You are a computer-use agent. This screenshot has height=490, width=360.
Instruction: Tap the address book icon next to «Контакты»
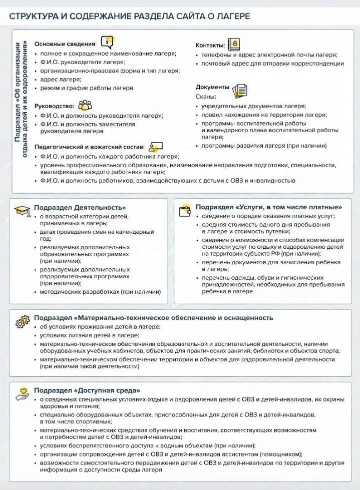pos(233,44)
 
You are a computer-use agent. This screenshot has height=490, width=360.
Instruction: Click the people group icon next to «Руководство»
pos(85,105)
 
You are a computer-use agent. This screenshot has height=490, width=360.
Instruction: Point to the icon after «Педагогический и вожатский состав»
pos(155,147)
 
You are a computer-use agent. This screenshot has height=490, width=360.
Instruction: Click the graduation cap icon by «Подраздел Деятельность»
pos(22,211)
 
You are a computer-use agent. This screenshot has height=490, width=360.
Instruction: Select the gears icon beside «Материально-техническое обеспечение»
pos(23,321)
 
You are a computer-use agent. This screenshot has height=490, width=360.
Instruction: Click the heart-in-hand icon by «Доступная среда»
pos(22,393)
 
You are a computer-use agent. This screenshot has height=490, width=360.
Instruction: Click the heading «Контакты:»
pos(210,45)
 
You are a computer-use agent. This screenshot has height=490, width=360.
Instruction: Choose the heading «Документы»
pos(212,87)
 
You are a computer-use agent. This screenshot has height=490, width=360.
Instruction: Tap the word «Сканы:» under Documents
pos(206,96)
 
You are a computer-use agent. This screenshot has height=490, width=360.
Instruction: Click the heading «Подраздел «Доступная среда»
pos(87,390)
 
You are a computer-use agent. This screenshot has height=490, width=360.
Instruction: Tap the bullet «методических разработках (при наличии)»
pos(100,292)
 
